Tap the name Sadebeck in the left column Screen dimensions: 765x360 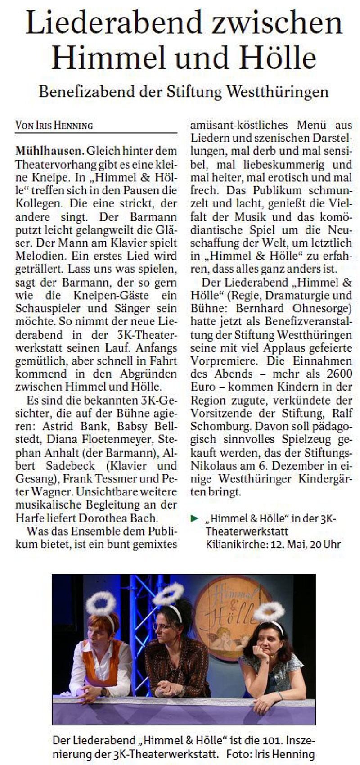coord(71,465)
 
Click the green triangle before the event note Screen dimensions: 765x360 coord(194,519)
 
